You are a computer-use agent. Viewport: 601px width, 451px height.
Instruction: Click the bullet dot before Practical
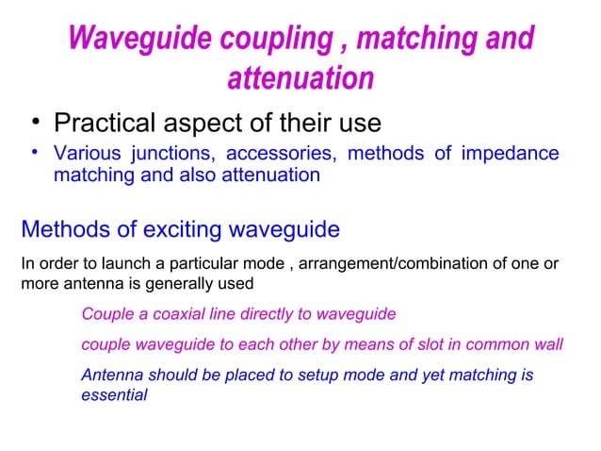34,124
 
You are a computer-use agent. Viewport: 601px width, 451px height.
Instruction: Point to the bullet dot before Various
34,153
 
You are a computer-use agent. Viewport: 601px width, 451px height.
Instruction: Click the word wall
545,344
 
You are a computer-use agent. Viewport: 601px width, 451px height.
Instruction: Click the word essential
114,395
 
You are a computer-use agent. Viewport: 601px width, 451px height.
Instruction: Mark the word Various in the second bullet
87,154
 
